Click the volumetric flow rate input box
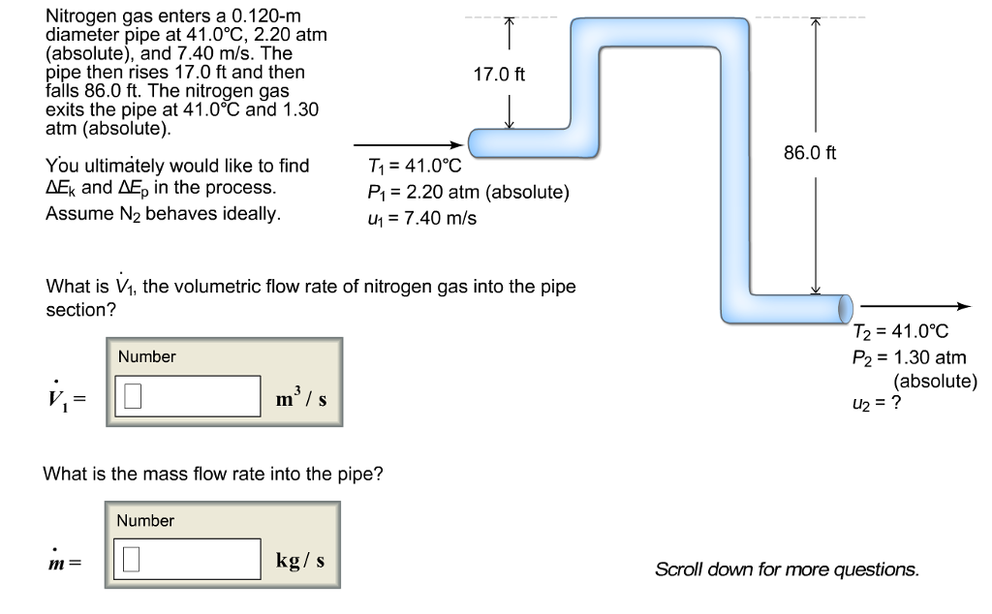191,395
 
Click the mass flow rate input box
191,559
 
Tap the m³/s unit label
303,397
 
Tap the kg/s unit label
300,561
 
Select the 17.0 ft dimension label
499,75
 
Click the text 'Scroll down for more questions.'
787,569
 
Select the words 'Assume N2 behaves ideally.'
163,213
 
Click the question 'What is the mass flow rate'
213,475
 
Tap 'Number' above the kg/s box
145,521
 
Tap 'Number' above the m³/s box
147,357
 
